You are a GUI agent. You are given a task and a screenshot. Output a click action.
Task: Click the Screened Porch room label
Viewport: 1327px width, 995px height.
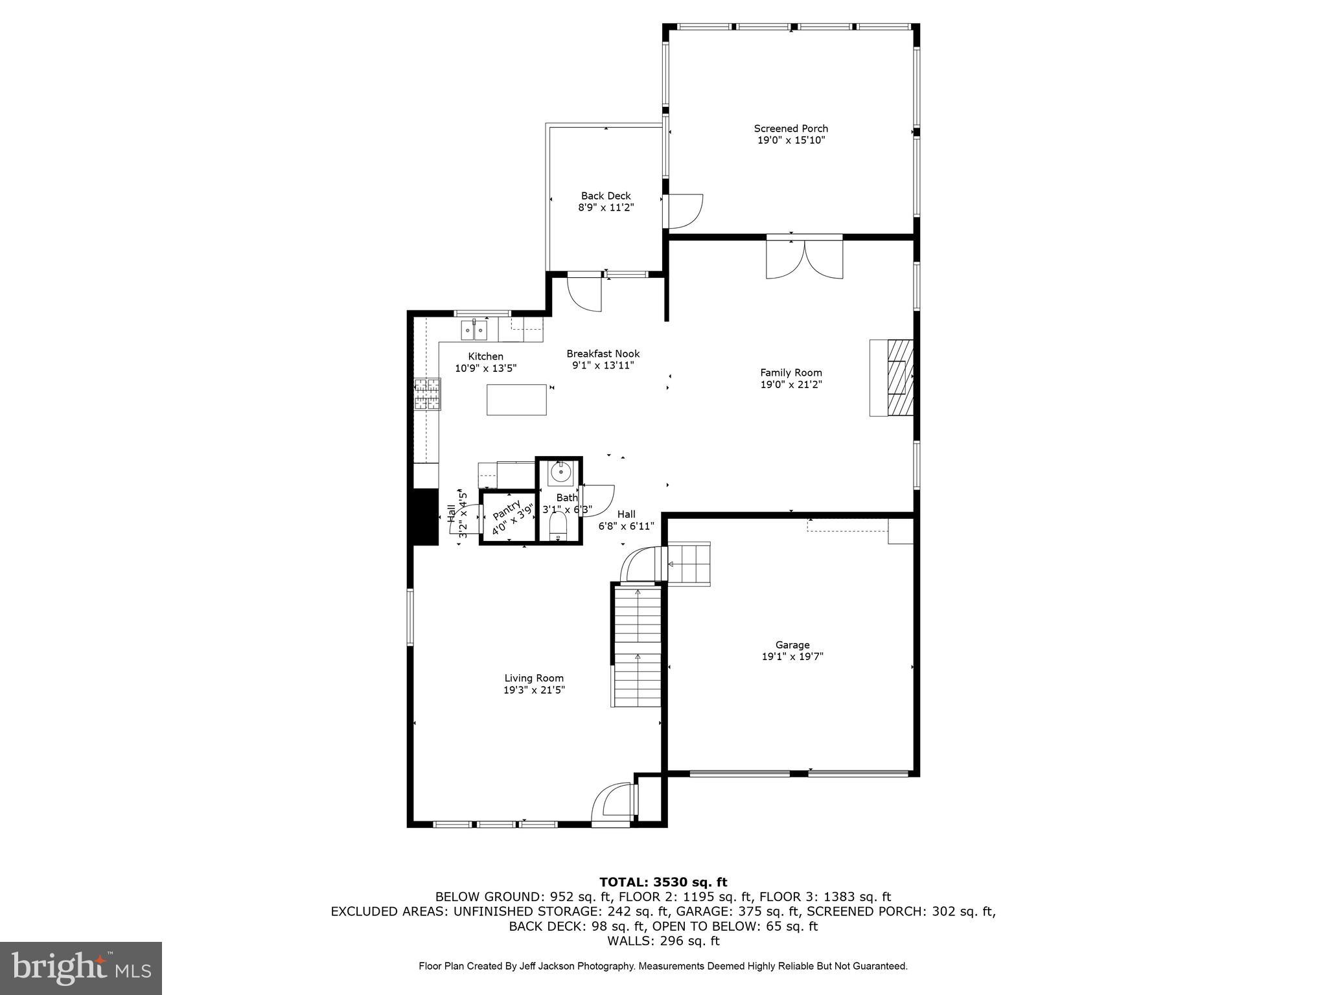coord(790,128)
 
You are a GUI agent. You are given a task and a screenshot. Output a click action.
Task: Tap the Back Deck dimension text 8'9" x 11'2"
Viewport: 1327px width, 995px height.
coord(605,208)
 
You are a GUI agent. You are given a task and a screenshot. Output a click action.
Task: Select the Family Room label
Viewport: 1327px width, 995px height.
coord(790,372)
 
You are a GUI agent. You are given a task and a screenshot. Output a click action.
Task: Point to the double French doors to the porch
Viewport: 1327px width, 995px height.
coord(804,259)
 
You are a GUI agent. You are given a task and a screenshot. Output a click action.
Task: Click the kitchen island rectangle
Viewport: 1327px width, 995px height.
coord(516,400)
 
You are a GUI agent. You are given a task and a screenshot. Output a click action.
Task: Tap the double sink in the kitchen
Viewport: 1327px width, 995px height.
coord(474,330)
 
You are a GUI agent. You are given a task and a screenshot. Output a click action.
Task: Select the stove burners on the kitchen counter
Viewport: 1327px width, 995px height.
coord(427,394)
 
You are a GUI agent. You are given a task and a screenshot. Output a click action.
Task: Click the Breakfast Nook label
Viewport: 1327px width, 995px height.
coord(603,354)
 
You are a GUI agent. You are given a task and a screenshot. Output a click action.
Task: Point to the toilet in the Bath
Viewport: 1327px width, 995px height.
coord(558,527)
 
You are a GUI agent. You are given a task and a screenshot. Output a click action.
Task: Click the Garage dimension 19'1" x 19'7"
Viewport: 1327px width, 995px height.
coord(792,656)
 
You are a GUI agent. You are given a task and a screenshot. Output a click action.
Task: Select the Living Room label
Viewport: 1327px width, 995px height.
coord(534,678)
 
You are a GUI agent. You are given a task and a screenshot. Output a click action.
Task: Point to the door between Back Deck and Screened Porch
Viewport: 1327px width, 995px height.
coord(684,211)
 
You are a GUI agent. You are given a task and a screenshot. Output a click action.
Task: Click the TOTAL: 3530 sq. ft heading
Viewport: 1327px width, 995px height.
coord(663,882)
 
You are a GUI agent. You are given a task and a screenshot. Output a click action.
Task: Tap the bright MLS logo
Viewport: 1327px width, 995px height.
coord(81,968)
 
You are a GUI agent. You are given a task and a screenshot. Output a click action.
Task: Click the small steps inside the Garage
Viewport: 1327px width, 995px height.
coord(689,564)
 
